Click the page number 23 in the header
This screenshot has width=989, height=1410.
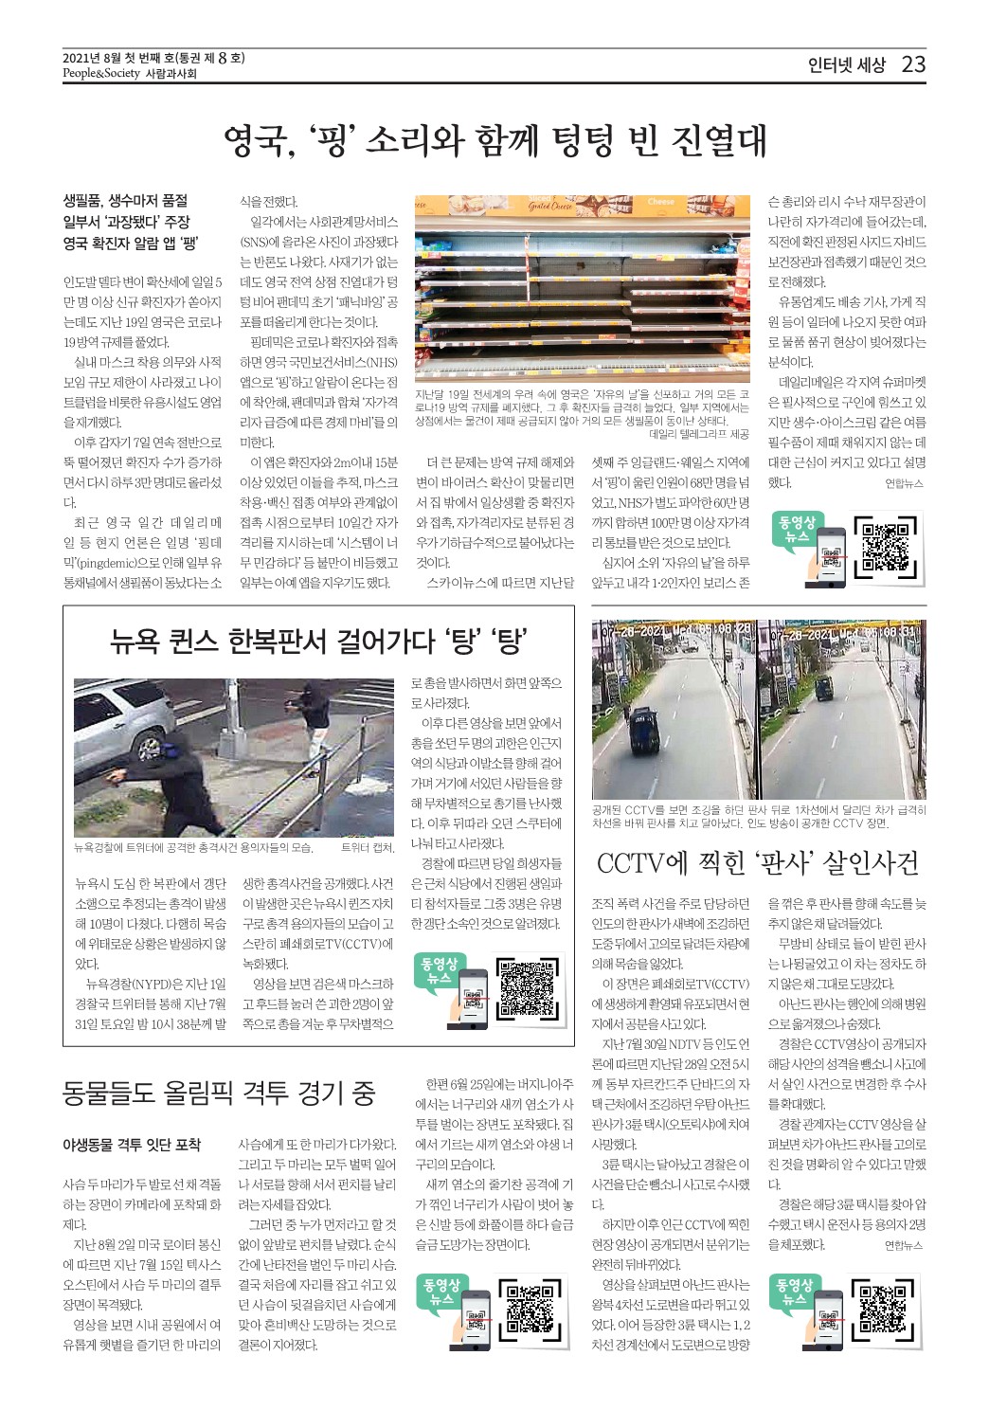913,64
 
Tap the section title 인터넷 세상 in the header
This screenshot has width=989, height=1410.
846,65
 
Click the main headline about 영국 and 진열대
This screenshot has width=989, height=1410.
494,140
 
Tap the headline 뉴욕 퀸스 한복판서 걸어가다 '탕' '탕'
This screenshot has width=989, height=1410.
318,642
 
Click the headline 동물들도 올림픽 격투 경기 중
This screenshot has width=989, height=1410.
219,1093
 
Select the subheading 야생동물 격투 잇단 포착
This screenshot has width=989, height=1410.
132,1145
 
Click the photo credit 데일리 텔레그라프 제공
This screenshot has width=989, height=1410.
699,434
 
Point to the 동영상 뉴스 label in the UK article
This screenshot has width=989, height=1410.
797,529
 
